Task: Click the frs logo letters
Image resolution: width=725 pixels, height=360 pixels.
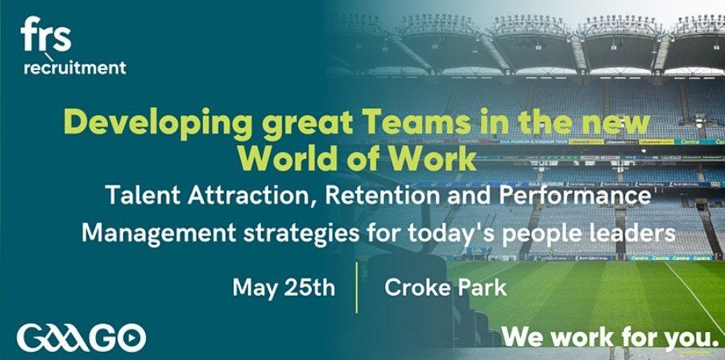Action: click(46, 34)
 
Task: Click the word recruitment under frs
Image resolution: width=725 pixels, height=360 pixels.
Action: click(74, 68)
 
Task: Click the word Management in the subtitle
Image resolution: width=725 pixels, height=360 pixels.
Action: click(159, 232)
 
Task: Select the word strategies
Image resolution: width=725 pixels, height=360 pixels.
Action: click(301, 234)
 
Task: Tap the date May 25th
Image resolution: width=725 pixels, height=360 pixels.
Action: click(284, 288)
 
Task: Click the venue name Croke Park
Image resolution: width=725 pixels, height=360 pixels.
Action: click(445, 288)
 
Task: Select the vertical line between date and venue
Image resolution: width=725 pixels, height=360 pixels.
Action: click(358, 288)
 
